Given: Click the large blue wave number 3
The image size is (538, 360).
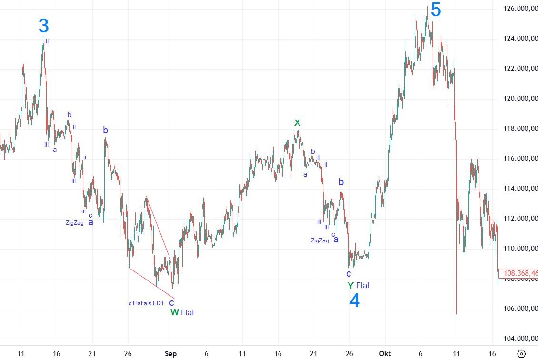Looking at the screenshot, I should (44, 26).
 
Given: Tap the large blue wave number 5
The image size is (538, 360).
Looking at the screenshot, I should (436, 10).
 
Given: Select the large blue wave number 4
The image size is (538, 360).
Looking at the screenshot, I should (354, 300).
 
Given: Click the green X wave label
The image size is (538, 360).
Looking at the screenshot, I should (297, 122).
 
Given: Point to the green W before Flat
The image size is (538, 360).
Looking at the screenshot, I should (175, 312).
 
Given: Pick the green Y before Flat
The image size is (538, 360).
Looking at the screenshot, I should (350, 285).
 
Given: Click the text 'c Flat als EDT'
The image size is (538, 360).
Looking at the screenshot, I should (146, 303).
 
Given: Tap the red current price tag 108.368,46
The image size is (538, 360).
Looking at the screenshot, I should (519, 274).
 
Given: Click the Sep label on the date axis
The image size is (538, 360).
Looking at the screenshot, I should (171, 354).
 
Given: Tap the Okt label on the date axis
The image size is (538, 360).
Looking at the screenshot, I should (385, 354).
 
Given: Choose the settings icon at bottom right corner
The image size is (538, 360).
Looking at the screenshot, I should (521, 354).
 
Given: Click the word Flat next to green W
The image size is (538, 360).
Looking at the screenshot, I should (188, 312).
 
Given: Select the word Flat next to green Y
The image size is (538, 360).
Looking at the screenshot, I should (363, 285).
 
